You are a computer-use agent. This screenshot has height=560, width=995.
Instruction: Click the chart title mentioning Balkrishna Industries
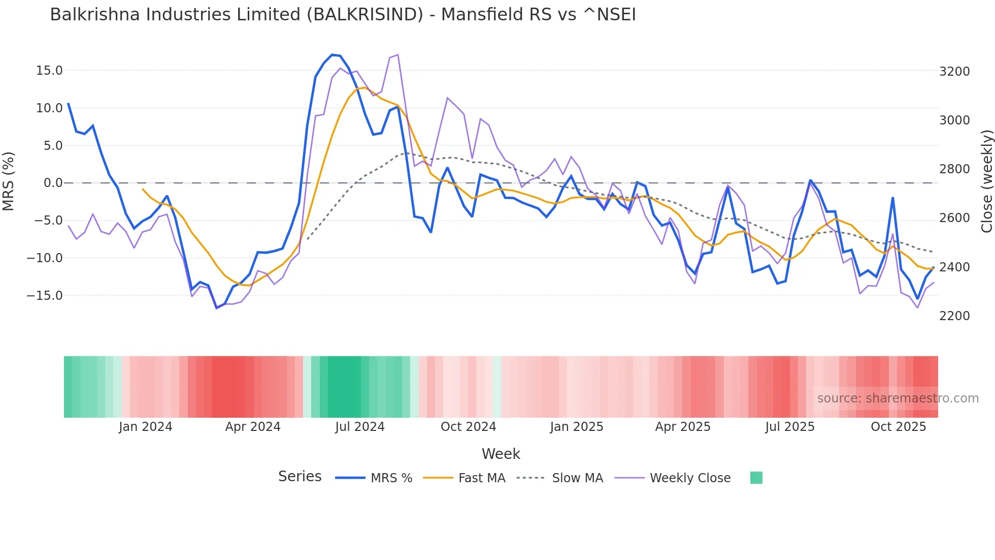coord(343,15)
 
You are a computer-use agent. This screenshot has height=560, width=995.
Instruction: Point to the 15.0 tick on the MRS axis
coord(49,71)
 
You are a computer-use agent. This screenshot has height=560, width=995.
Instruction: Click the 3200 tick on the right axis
coord(954,72)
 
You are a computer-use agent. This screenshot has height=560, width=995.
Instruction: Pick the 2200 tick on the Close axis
coord(954,316)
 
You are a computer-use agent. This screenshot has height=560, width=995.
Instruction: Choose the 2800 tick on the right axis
coord(954,169)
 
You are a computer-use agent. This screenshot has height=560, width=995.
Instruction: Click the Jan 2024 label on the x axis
coord(146,427)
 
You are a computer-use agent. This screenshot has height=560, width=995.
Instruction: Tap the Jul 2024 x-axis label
coord(360,427)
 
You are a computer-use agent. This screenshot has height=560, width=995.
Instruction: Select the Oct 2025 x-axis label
coord(899,427)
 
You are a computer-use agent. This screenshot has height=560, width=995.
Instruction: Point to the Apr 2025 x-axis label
coord(683,427)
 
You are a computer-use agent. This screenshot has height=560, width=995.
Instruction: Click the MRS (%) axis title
coord(9,181)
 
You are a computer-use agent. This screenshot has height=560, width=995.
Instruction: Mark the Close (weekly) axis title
coord(986,181)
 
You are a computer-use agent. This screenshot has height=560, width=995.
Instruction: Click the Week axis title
coord(501,454)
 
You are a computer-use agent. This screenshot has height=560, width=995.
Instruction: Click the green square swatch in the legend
coord(756,478)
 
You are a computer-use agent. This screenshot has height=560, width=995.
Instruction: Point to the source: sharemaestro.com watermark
coord(898,398)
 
